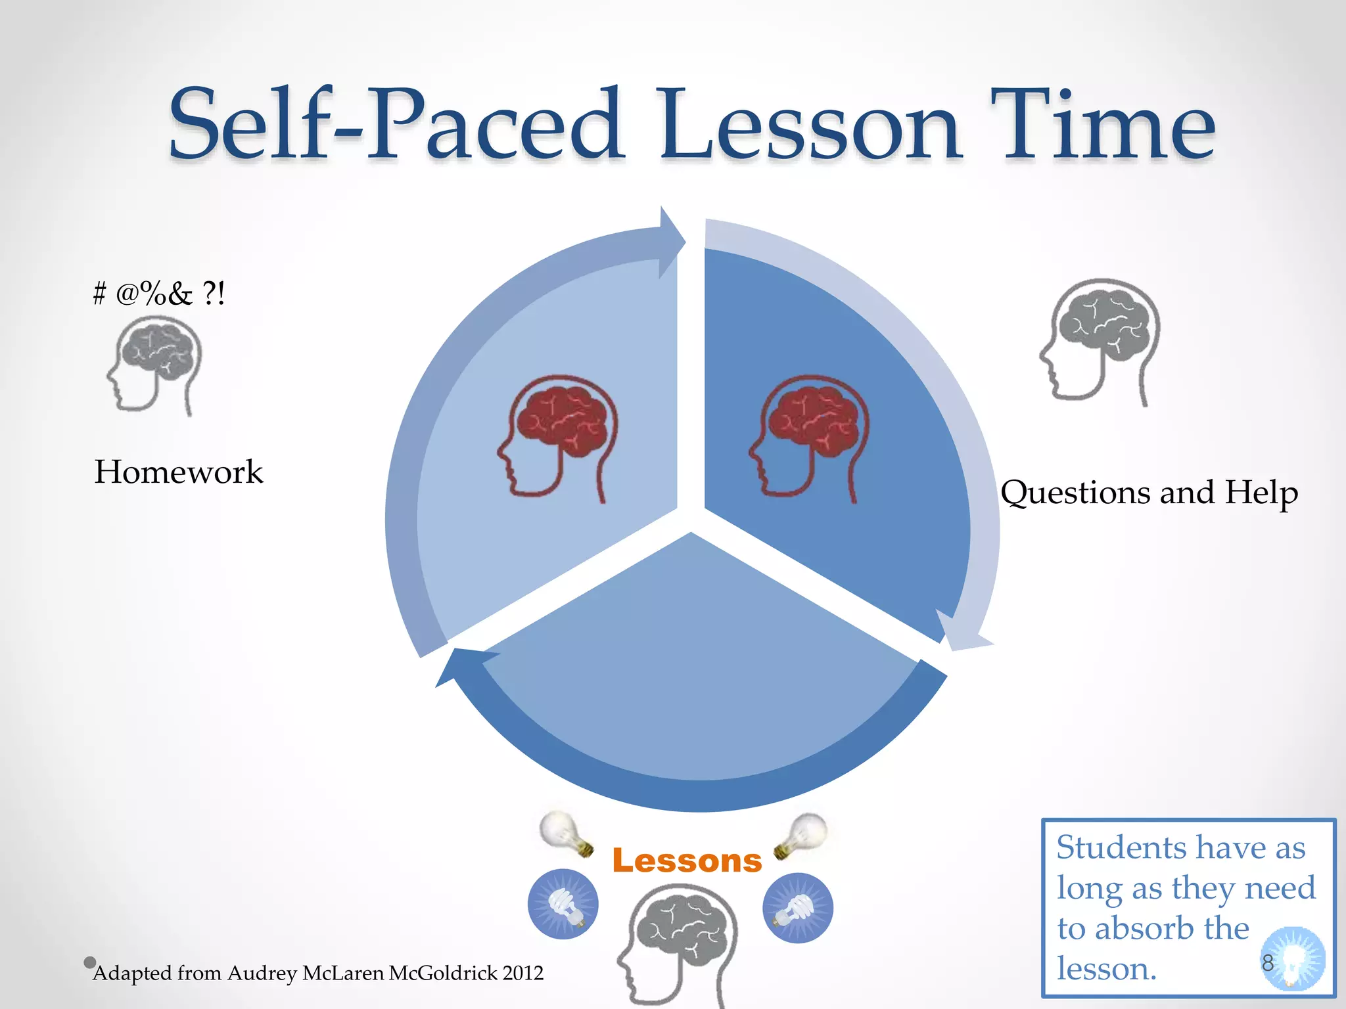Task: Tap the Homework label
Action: (178, 472)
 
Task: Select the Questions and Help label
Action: (1149, 493)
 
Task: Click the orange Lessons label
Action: (687, 861)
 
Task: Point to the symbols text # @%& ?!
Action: (159, 293)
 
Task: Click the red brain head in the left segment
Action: (557, 437)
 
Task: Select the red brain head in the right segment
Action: (809, 437)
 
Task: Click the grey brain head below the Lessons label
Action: (678, 943)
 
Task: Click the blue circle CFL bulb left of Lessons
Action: (563, 905)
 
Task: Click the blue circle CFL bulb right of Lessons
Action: (798, 908)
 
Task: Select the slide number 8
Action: (1267, 962)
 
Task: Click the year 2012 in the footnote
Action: (522, 973)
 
